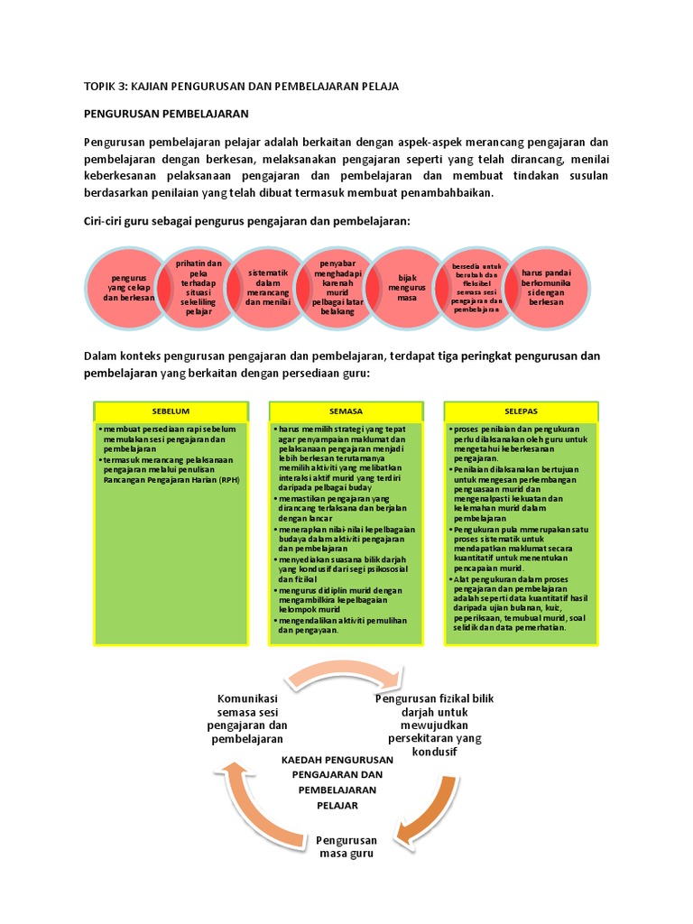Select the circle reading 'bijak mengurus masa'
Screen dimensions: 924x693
407,286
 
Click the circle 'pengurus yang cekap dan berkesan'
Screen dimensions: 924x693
126,287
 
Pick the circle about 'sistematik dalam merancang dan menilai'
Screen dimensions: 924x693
267,286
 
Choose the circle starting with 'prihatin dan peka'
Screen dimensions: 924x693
198,286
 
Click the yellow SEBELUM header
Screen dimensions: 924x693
171,411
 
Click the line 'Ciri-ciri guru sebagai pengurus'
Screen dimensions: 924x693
247,222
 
